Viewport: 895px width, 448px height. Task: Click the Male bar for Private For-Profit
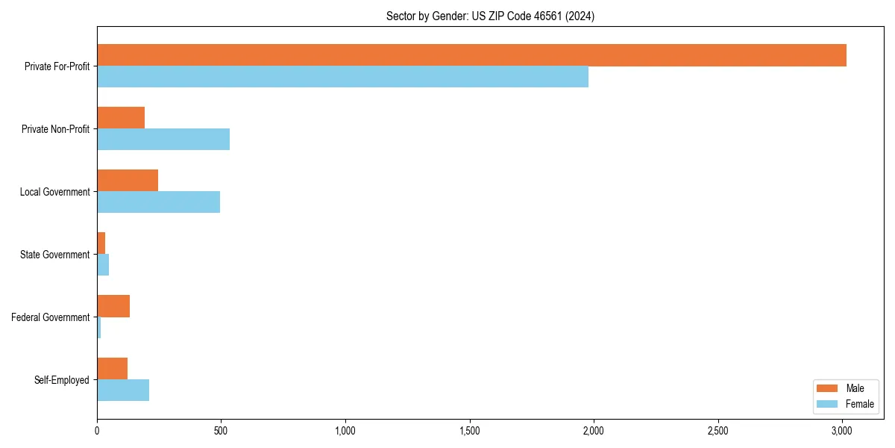point(471,55)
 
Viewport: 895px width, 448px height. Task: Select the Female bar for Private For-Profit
point(342,77)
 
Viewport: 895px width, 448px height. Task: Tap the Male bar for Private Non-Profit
point(121,118)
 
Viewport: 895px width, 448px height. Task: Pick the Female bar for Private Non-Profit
point(163,140)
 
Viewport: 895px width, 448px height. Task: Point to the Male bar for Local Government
point(128,181)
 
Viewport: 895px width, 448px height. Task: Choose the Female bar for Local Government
point(158,202)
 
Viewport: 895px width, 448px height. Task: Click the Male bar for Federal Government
point(113,306)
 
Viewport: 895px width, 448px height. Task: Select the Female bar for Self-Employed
point(123,391)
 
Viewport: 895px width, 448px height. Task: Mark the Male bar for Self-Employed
point(112,369)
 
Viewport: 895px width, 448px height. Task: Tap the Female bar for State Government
point(103,265)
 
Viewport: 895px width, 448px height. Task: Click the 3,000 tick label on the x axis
point(841,431)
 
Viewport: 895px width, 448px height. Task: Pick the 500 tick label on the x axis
point(221,431)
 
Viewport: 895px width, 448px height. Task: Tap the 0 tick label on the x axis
point(97,431)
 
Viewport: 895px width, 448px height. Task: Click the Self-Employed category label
point(62,380)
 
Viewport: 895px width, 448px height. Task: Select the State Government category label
point(55,255)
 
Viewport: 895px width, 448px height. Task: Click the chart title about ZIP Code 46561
point(490,16)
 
